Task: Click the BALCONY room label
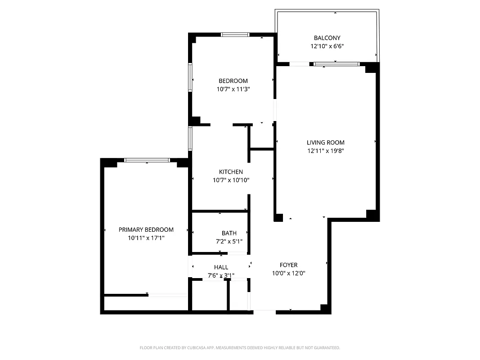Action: coord(327,38)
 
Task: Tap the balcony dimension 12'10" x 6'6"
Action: coord(327,46)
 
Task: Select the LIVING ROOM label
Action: coord(326,143)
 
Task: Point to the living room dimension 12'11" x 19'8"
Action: coord(326,151)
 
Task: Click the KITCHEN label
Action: coord(231,172)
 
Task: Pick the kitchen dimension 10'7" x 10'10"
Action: coord(231,180)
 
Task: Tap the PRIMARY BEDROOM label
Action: coord(146,229)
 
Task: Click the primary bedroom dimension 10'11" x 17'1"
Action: coord(146,238)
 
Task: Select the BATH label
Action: coord(229,233)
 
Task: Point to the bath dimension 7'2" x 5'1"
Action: coord(229,241)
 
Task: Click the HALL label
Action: coord(221,267)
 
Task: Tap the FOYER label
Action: coord(288,265)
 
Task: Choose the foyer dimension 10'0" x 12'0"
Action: coord(288,273)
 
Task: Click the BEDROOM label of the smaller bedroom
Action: coord(233,81)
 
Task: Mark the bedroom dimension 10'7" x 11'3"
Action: coord(233,89)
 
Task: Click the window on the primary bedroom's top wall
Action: coord(147,160)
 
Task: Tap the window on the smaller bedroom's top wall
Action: coord(235,35)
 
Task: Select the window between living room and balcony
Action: coord(336,64)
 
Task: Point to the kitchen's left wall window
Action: coord(190,138)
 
